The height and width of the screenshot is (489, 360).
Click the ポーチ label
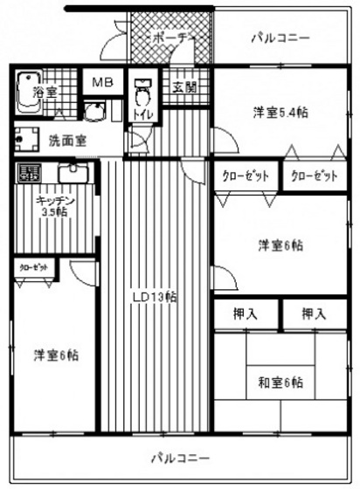170,38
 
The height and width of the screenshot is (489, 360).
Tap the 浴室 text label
43,90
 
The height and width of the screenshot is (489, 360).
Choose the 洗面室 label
66,140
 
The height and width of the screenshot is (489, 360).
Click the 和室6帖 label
280,382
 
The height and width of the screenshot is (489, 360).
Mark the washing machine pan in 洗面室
29,140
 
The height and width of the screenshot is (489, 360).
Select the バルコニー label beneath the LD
180,457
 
